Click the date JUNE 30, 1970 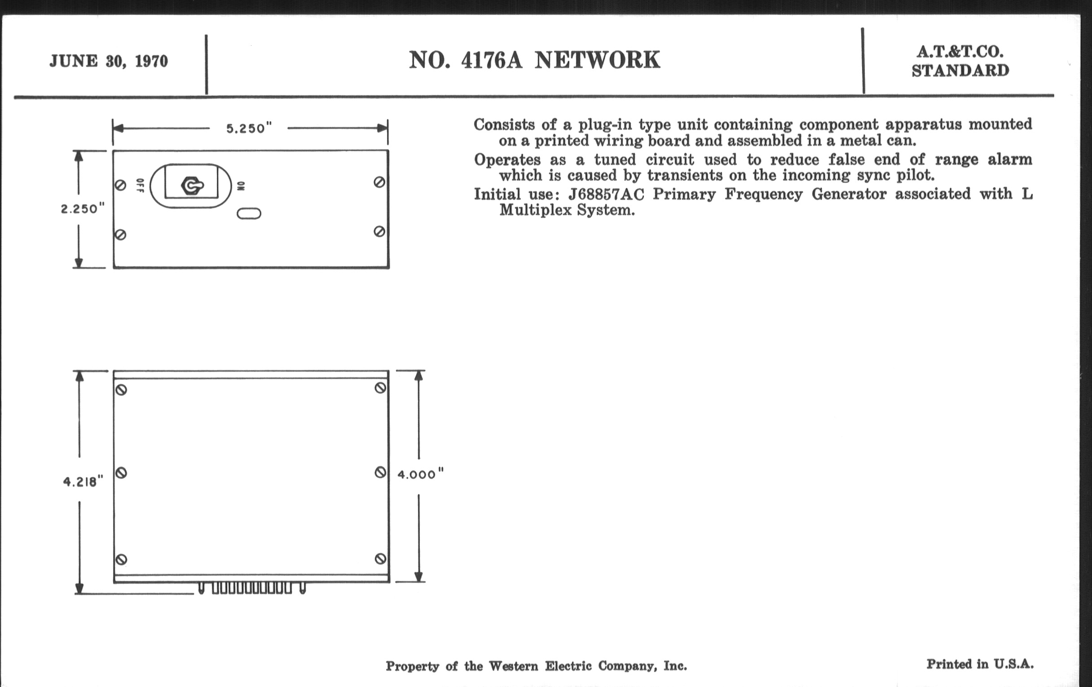(108, 61)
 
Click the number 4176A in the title (492, 60)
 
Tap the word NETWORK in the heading (597, 60)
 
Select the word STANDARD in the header (960, 71)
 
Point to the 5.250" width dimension (249, 128)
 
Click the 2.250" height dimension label (83, 209)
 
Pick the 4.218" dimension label (83, 481)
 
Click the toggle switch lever (192, 185)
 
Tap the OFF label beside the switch (140, 185)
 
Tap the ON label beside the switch (241, 186)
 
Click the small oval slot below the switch (249, 213)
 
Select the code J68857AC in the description (606, 194)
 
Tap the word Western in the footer (513, 666)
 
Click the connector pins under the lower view (252, 588)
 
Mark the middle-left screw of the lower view (121, 473)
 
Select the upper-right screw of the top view (379, 182)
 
